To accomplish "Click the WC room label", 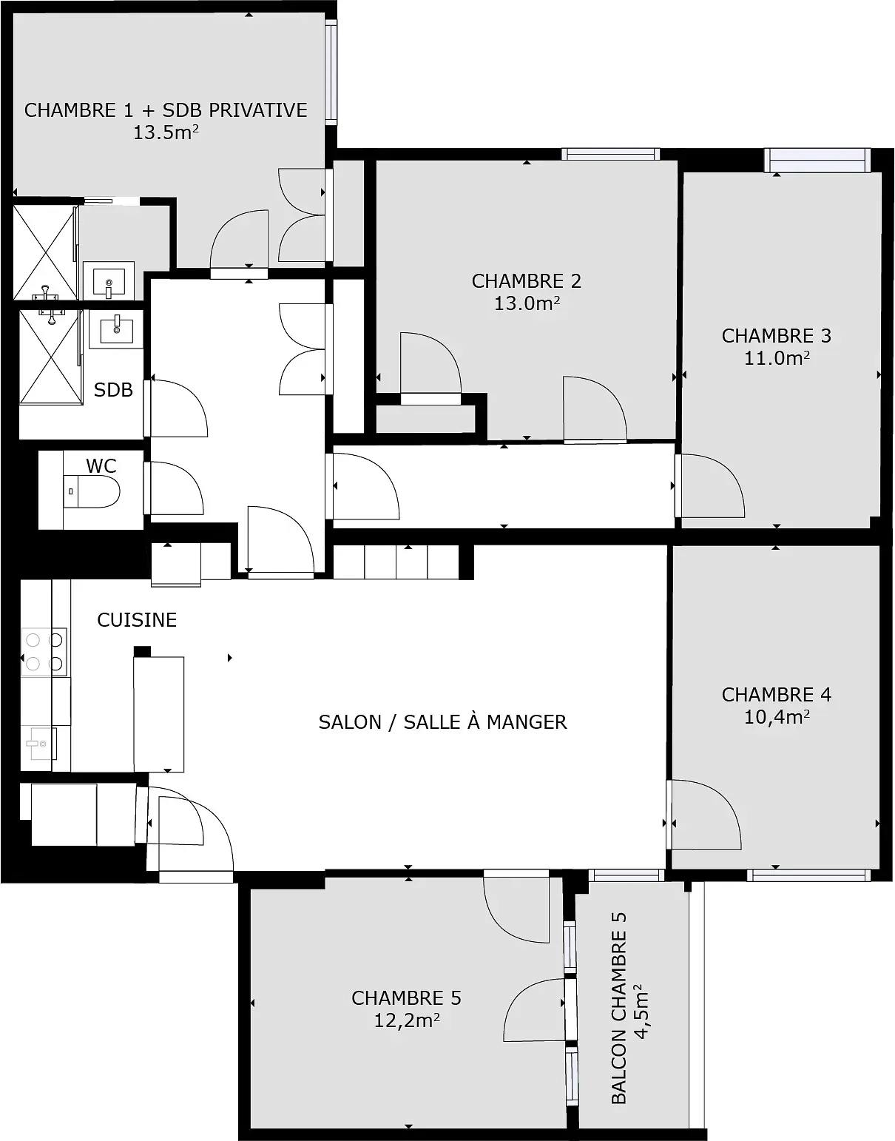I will tap(101, 465).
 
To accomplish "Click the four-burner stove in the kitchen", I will tap(44, 652).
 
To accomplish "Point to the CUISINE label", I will tap(137, 620).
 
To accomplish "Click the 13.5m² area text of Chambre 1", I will tap(166, 133).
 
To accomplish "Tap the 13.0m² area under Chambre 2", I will tap(526, 303).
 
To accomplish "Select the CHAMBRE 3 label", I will tap(776, 336).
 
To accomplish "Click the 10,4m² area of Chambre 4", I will tap(776, 717).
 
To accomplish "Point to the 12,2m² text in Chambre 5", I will tap(407, 1021).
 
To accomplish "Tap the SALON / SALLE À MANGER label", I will tap(442, 722).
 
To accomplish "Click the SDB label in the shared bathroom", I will tap(113, 390).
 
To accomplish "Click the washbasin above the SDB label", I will tap(116, 329).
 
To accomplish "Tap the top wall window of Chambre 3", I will tap(817, 159).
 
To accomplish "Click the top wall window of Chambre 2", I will tap(610, 154).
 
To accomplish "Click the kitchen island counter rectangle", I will tap(158, 714).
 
